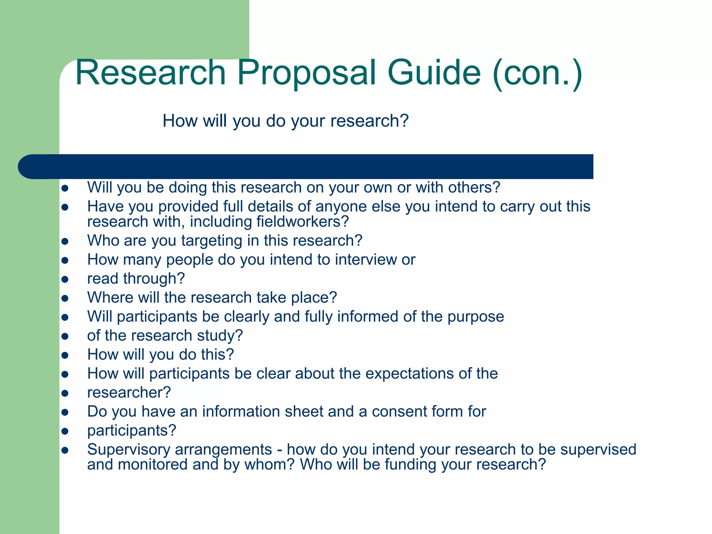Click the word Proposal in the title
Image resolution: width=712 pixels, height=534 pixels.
[306, 73]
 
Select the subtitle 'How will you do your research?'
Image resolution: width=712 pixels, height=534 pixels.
[285, 121]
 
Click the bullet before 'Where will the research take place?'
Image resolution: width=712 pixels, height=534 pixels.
[65, 298]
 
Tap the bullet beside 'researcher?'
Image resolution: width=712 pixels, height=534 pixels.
[65, 393]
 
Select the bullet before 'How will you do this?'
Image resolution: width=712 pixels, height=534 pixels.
[65, 355]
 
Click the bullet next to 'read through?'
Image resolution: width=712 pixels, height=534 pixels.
[65, 279]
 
